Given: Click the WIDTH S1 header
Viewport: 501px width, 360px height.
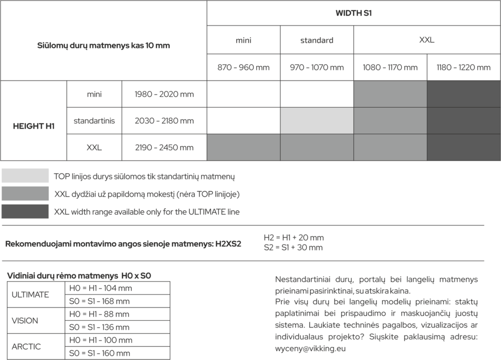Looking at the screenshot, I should click(353, 13).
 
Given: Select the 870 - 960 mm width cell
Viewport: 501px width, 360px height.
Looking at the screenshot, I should click(244, 67).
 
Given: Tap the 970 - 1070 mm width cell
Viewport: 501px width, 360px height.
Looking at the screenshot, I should click(317, 67).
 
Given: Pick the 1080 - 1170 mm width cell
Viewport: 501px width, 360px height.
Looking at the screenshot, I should click(390, 67).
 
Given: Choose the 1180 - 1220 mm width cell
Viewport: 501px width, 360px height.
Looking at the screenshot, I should click(463, 67).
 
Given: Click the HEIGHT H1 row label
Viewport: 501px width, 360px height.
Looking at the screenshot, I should click(33, 126).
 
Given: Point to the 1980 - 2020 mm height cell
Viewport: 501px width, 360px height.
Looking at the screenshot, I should click(164, 94).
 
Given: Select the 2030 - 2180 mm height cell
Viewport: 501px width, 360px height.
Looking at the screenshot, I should click(164, 121).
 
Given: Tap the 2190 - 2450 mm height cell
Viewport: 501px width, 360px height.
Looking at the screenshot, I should click(164, 147).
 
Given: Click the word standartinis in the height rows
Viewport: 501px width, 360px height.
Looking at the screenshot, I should click(94, 121).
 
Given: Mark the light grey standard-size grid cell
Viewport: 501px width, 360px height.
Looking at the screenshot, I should click(317, 121).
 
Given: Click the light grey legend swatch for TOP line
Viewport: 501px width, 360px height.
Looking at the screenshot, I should click(25, 176).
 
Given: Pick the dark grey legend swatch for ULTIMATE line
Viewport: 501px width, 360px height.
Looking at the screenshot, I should click(25, 211).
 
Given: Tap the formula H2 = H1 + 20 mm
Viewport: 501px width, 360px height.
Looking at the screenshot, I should click(294, 238).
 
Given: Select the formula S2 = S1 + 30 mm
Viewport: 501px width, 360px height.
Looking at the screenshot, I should click(293, 247).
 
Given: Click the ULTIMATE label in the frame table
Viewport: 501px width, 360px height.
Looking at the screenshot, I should click(30, 294).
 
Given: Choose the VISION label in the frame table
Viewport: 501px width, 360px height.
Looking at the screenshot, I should click(25, 321).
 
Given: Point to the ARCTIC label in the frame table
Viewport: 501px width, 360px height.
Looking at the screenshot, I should click(26, 347).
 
